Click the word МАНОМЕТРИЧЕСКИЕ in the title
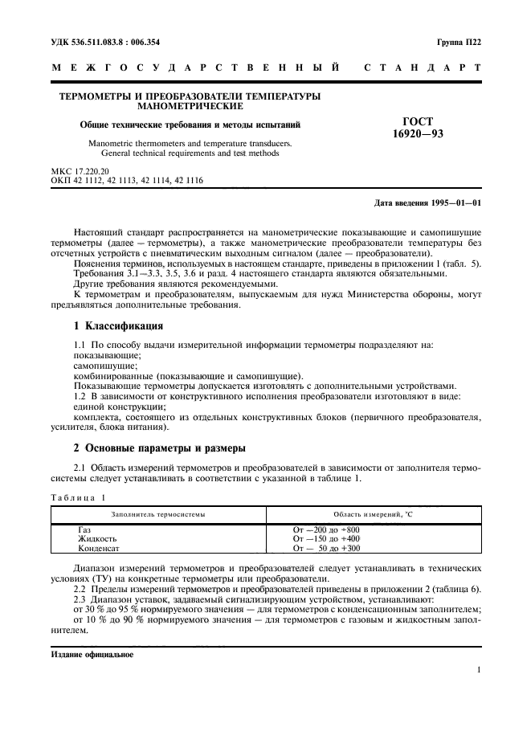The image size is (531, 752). point(190,105)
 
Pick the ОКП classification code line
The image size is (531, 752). point(126,181)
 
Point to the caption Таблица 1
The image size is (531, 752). point(78,498)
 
